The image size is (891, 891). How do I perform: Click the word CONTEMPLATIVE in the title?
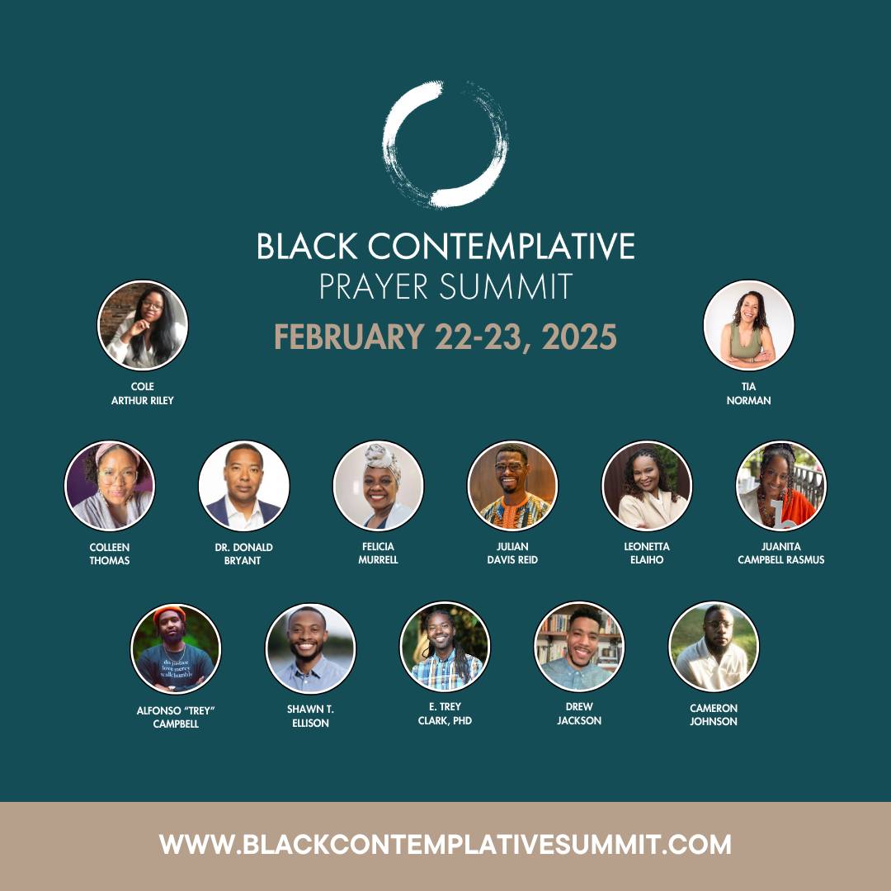[x=502, y=246]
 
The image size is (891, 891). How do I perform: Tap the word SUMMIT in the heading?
[x=506, y=286]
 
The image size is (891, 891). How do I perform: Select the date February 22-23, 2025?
[x=445, y=337]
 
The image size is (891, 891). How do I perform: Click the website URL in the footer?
[x=445, y=845]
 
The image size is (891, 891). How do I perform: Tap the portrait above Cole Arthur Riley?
[x=143, y=325]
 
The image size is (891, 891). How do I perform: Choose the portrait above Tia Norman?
[x=748, y=325]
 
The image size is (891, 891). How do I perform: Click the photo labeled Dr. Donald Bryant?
[x=243, y=486]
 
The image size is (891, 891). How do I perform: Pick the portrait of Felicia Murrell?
[x=378, y=486]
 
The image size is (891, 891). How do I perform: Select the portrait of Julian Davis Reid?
[x=512, y=486]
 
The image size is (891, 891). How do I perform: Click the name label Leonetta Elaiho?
[x=647, y=554]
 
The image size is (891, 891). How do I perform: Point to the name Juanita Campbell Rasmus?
[x=780, y=554]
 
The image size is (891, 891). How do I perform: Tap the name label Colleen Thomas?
[x=110, y=554]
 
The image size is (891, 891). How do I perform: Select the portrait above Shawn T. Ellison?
[x=310, y=648]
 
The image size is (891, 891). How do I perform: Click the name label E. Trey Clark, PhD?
[x=445, y=714]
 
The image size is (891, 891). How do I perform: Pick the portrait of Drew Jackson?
[x=579, y=647]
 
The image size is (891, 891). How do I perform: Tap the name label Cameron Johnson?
[x=714, y=714]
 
